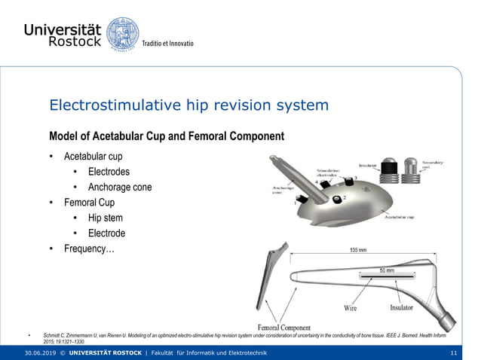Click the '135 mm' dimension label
[x=357, y=251]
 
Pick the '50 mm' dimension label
[x=386, y=270]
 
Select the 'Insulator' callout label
[x=401, y=307]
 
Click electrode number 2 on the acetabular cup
[x=336, y=199]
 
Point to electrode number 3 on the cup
[x=348, y=183]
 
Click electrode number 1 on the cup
[x=300, y=201]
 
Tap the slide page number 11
[x=453, y=353]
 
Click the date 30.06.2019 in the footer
[x=40, y=353]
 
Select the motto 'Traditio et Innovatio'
[x=168, y=44]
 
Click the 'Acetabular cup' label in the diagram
[x=398, y=218]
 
